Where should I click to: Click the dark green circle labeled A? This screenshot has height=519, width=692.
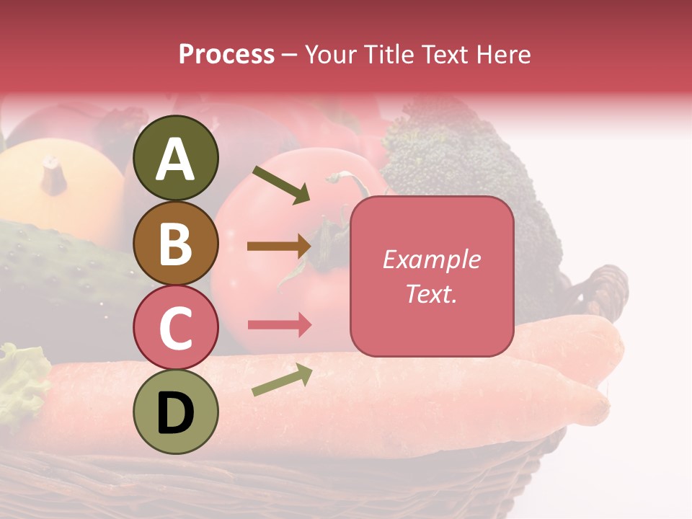(x=176, y=158)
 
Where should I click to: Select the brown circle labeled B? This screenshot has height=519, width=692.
(x=176, y=243)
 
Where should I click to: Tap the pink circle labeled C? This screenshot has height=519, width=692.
(x=176, y=327)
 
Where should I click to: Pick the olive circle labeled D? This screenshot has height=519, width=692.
(x=176, y=412)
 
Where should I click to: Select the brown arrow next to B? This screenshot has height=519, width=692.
(x=279, y=247)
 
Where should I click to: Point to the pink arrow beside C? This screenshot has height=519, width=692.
(x=280, y=325)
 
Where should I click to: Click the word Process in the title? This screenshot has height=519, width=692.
(x=226, y=55)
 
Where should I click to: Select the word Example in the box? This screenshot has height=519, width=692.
(x=432, y=259)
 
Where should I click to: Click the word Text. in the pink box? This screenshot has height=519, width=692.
(x=432, y=293)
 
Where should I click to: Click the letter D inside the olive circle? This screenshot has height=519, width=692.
(x=176, y=413)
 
